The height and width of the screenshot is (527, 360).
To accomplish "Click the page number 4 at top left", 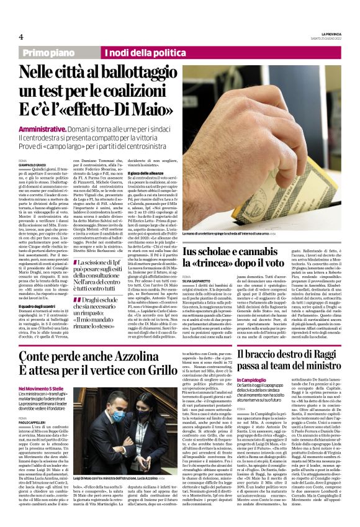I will [20, 37].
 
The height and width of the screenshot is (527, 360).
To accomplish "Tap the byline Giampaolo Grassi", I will [32, 164].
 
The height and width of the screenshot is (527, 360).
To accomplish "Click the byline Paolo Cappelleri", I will [32, 437].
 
